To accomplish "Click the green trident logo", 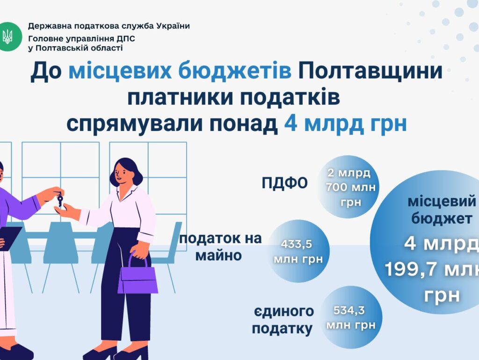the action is [9, 37].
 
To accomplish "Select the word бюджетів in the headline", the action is [235, 71].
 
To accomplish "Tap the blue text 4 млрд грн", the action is [345, 124].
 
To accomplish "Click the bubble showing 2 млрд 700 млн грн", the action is [348, 187].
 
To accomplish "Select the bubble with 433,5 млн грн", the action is [298, 251].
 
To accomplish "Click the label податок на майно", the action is [220, 247].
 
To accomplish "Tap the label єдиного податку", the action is [283, 320].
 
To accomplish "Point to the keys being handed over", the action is [60, 199].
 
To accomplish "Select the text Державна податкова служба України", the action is [109, 26].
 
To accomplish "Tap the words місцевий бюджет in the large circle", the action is [442, 210].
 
